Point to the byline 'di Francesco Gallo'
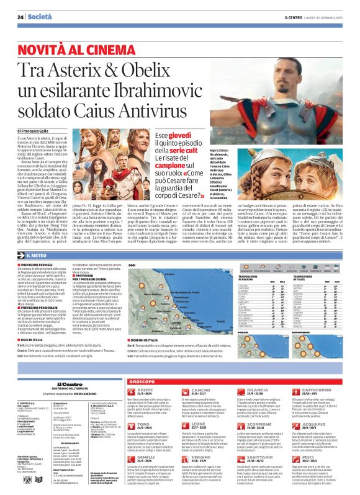(43, 131)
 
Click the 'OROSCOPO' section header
(145, 363)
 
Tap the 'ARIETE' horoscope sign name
(138, 373)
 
